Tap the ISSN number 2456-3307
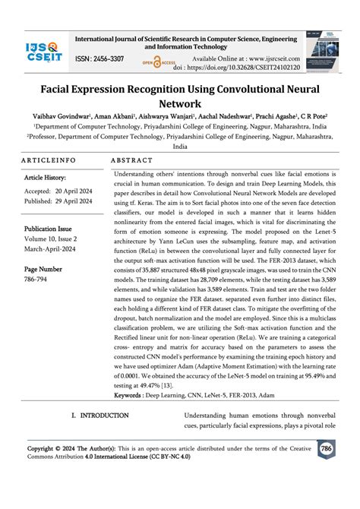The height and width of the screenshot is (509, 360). (x=99, y=59)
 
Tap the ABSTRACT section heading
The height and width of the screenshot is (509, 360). (x=132, y=162)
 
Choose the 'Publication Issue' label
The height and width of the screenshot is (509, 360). (x=49, y=229)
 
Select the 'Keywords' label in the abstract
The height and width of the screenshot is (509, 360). (x=129, y=395)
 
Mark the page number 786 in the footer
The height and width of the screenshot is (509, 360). (x=327, y=450)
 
